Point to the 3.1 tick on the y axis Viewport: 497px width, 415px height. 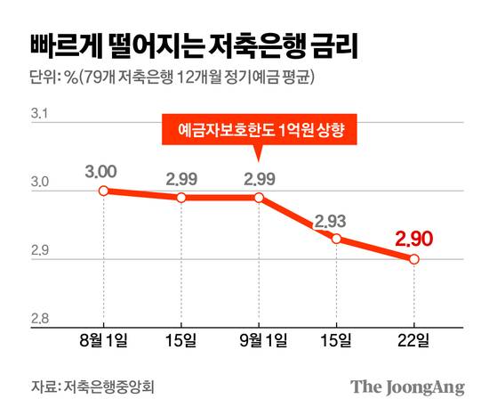pos(41,115)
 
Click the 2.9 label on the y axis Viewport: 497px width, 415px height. pos(41,252)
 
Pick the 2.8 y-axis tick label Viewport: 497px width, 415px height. pos(41,320)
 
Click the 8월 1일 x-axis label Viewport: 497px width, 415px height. pos(103,342)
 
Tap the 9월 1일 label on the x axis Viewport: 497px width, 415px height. pos(259,342)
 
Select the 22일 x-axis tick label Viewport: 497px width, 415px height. pos(414,342)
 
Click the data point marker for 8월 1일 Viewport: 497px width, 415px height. pos(103,191)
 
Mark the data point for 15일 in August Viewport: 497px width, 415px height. pos(181,197)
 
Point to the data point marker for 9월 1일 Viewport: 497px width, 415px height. pos(259,197)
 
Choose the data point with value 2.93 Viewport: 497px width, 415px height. pos(337,239)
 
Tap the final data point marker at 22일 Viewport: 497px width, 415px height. pos(414,259)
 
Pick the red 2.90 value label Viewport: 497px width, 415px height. pos(413,238)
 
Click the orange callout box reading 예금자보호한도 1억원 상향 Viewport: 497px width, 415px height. pos(262,131)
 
